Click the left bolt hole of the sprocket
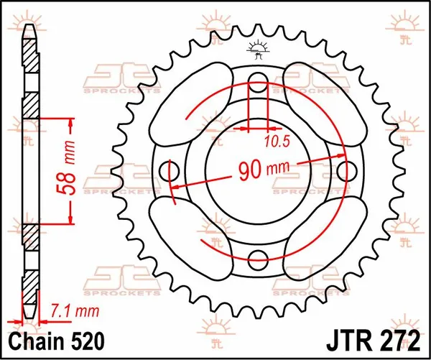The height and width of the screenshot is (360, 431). point(172,171)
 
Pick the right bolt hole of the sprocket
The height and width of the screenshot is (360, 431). point(346,170)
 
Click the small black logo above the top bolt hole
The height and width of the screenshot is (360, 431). point(258,48)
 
